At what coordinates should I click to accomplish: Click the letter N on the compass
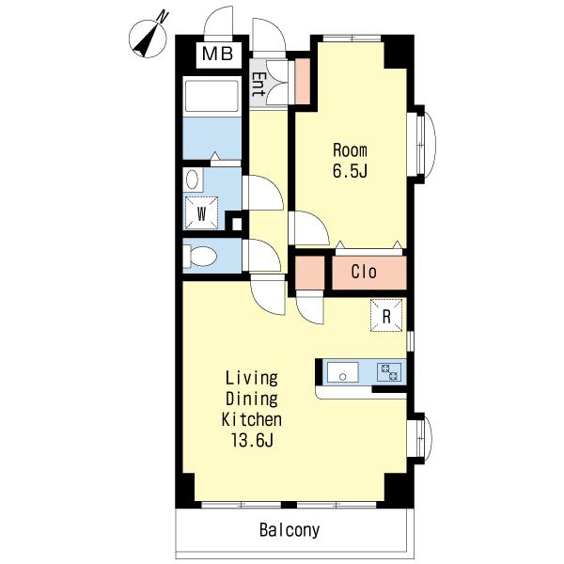[x=164, y=17]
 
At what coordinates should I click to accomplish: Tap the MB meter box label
[x=218, y=54]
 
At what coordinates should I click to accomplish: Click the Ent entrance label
[x=258, y=85]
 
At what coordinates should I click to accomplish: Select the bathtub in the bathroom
[x=211, y=96]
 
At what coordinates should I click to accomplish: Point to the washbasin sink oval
[x=192, y=180]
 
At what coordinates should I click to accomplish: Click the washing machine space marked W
[x=201, y=213]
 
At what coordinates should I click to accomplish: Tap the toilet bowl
[x=202, y=256]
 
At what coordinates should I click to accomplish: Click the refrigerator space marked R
[x=386, y=316]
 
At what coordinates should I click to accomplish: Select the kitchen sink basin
[x=342, y=372]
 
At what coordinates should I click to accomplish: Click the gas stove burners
[x=389, y=372]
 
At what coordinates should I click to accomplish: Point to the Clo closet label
[x=364, y=272]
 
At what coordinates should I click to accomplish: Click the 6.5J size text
[x=350, y=170]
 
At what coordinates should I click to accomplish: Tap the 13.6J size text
[x=252, y=440]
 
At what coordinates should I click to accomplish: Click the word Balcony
[x=290, y=530]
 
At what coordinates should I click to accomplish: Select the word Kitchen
[x=251, y=419]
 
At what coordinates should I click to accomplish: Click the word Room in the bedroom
[x=350, y=150]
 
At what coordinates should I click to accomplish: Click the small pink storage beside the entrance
[x=303, y=81]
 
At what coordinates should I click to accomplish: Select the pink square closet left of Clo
[x=310, y=273]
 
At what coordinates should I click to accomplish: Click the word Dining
[x=252, y=399]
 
